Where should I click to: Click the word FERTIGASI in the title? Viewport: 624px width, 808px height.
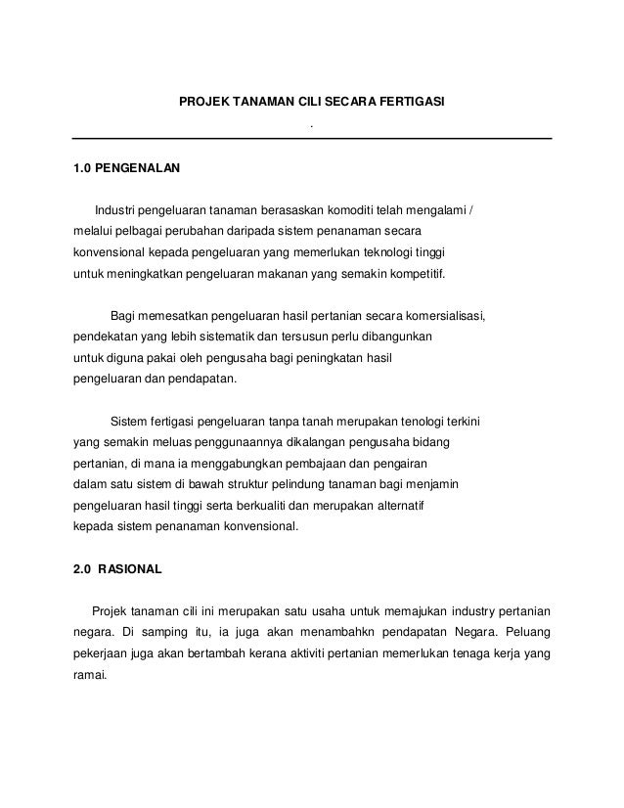(x=413, y=101)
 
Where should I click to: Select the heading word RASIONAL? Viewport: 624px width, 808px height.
(x=131, y=567)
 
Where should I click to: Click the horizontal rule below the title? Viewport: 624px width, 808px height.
(x=312, y=138)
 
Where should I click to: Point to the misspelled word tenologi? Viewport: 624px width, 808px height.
(x=379, y=423)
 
